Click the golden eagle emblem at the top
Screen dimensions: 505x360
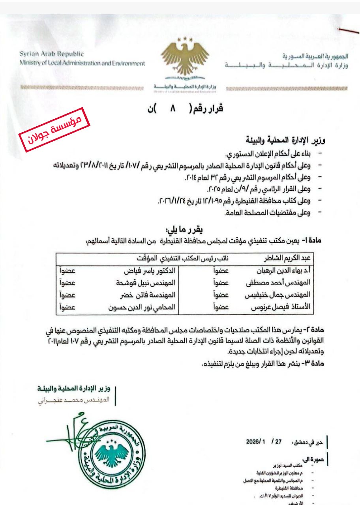(185, 59)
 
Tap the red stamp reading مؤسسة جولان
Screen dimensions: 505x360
(55, 130)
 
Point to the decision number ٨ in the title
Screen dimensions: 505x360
(172, 109)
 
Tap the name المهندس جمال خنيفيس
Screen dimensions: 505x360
(284, 295)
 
